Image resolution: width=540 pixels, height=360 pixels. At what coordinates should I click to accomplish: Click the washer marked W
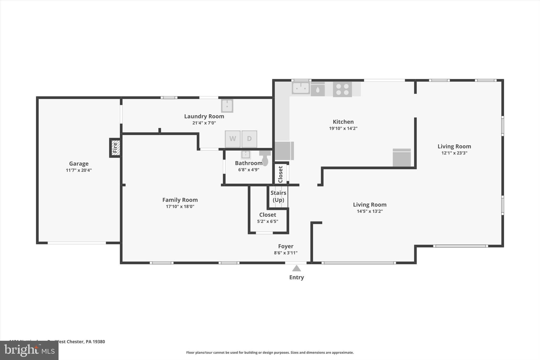point(233,139)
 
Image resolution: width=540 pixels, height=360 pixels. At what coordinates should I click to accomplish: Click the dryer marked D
point(249,139)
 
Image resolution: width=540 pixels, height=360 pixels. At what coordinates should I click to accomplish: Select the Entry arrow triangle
point(296,268)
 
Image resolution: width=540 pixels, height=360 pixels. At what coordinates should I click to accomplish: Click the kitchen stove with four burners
point(342,89)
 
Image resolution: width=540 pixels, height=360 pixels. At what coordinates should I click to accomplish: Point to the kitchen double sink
point(301,88)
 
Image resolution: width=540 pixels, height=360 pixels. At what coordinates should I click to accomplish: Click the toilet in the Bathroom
point(265,158)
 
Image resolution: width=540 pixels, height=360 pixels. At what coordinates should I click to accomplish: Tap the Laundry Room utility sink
point(227,106)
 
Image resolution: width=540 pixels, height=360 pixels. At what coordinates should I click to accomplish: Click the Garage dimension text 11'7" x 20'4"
point(79,170)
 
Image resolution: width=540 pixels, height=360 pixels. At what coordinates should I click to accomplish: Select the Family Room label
point(180,200)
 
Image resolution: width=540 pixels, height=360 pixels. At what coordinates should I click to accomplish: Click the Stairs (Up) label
point(278,196)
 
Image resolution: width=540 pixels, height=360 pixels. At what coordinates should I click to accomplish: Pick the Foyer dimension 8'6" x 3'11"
point(286,253)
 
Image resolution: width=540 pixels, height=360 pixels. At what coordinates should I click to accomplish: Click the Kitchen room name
point(343,122)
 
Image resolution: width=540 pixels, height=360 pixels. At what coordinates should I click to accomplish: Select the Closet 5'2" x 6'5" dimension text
point(268,222)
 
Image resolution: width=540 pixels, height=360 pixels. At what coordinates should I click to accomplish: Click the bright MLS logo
point(29,350)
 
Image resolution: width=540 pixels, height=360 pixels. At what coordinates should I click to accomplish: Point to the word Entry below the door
point(296,277)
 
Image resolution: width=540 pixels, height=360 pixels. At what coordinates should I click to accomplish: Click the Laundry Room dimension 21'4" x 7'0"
point(204,123)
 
